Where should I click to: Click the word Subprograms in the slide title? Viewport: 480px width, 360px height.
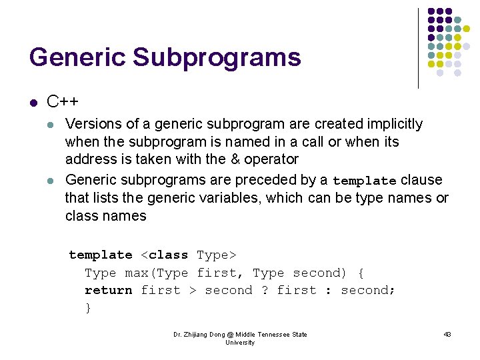(x=217, y=57)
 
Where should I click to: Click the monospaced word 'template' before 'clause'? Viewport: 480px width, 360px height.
(x=364, y=181)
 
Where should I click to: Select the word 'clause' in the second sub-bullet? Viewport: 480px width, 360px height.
(x=421, y=180)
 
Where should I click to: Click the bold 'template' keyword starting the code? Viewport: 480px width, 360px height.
(x=101, y=255)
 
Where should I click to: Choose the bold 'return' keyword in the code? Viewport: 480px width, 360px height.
(x=108, y=290)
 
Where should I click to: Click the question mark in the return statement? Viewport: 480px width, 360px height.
(x=265, y=290)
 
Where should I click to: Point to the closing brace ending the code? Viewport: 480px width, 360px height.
(x=88, y=307)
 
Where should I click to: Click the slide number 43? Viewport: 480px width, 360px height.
(x=447, y=334)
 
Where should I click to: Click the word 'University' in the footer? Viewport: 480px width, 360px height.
(x=240, y=342)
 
